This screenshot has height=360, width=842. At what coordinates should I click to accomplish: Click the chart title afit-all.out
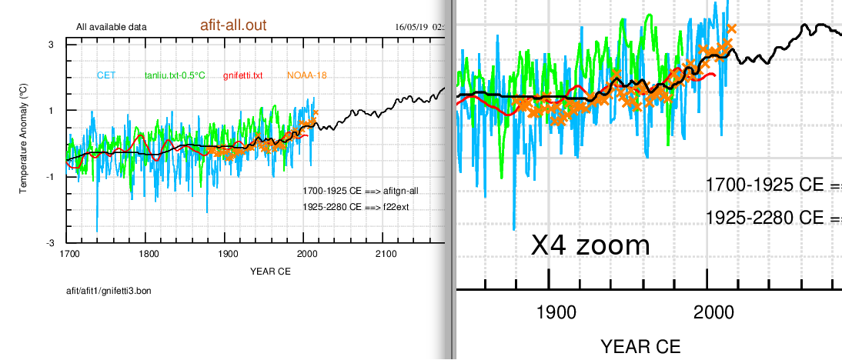pyautogui.click(x=228, y=25)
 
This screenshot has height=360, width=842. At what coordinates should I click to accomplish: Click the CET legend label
pyautogui.click(x=106, y=75)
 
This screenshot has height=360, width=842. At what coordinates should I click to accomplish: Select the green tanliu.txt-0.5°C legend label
pyautogui.click(x=175, y=75)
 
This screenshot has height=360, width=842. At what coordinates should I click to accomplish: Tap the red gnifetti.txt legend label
pyautogui.click(x=242, y=75)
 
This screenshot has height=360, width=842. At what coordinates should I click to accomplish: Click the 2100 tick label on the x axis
pyautogui.click(x=386, y=255)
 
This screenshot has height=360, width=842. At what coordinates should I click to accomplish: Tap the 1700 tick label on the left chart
pyautogui.click(x=69, y=255)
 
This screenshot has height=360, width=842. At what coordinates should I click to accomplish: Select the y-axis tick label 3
pyautogui.click(x=50, y=45)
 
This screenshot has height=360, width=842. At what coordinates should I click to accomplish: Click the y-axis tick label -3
pyautogui.click(x=48, y=243)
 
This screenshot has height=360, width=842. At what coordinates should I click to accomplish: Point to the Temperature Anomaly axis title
pyautogui.click(x=24, y=144)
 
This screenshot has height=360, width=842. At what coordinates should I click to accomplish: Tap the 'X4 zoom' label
pyautogui.click(x=590, y=245)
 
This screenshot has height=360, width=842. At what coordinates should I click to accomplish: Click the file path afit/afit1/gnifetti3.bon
pyautogui.click(x=109, y=292)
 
